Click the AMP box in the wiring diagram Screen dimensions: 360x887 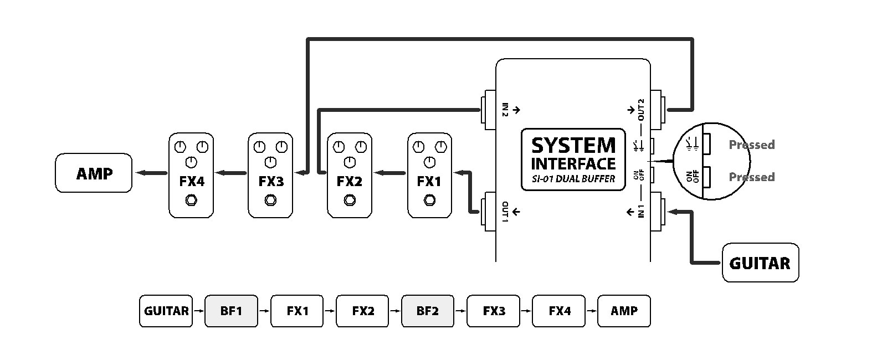94,173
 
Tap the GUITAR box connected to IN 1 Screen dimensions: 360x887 760,263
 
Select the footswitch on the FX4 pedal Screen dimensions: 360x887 191,200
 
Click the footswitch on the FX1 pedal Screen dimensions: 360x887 429,200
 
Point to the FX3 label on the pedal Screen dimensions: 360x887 270,181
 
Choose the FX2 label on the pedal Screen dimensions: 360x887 350,181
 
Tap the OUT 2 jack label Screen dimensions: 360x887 641,110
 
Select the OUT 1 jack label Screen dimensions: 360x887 505,212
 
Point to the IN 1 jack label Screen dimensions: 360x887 641,212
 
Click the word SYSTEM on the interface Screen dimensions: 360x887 573,146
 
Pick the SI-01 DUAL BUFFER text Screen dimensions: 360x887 573,179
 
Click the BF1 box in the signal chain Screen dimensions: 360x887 231,311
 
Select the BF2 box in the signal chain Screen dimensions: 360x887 428,311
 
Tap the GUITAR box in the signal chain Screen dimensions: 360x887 166,311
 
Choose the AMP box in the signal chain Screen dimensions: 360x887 624,311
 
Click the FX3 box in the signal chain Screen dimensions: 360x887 494,311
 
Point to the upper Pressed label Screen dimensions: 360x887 751,145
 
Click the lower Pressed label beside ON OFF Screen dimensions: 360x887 751,177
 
